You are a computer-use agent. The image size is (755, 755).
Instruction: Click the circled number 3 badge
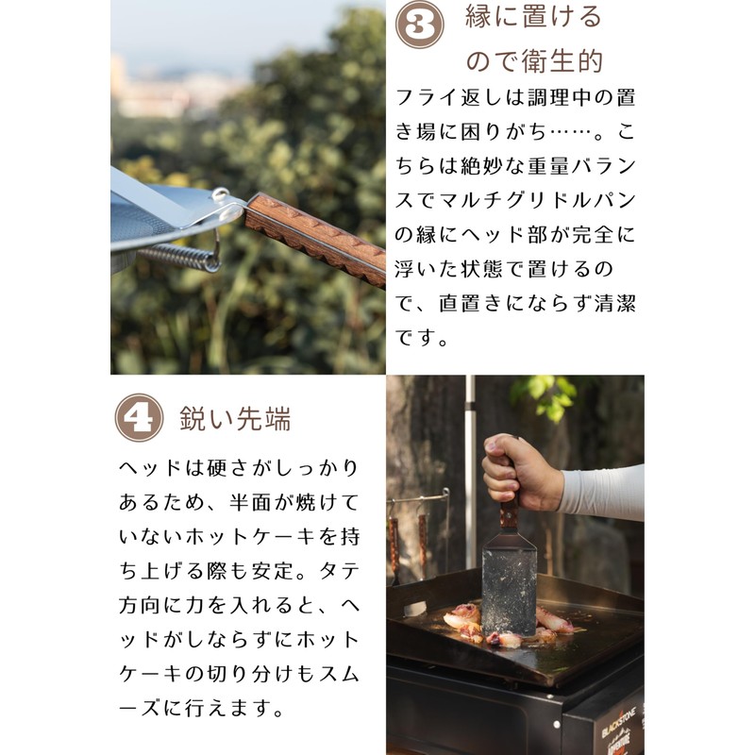pyautogui.click(x=419, y=25)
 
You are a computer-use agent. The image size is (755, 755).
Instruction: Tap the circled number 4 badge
pyautogui.click(x=139, y=417)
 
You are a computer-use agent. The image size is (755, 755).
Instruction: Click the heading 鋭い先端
pyautogui.click(x=235, y=418)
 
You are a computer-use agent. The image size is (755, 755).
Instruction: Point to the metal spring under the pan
pyautogui.click(x=179, y=257)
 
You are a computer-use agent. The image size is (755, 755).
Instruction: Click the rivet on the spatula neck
pyautogui.click(x=220, y=193)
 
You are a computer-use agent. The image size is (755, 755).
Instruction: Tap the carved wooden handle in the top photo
pyautogui.click(x=316, y=239)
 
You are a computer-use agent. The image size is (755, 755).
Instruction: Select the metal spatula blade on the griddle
pyautogui.click(x=509, y=586)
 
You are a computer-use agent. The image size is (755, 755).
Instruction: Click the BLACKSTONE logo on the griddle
pyautogui.click(x=619, y=722)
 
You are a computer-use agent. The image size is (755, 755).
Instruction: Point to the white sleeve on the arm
pyautogui.click(x=602, y=492)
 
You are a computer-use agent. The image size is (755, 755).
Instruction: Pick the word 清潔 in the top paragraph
pyautogui.click(x=615, y=303)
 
